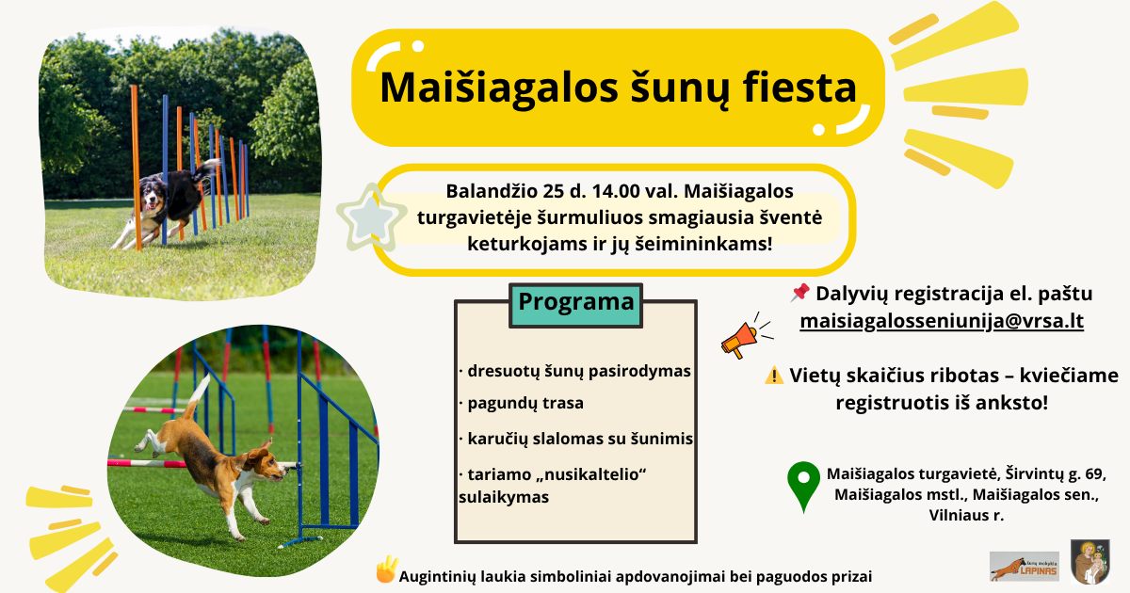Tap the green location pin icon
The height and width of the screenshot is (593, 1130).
tap(803, 486)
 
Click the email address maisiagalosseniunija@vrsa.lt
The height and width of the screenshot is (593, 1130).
tap(942, 321)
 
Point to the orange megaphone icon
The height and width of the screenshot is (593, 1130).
tap(745, 336)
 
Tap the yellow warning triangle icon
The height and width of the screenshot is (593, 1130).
tap(774, 376)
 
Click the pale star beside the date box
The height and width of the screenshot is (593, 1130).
tap(371, 217)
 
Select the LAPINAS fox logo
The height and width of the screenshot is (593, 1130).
tap(1025, 567)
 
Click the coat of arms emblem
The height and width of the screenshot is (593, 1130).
tap(1090, 561)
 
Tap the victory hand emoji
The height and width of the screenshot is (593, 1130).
tap(386, 569)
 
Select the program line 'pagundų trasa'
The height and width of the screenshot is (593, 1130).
tap(522, 404)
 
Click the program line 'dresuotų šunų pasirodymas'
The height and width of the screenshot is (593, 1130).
tap(575, 371)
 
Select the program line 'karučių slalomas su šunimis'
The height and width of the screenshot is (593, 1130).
tap(576, 440)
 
